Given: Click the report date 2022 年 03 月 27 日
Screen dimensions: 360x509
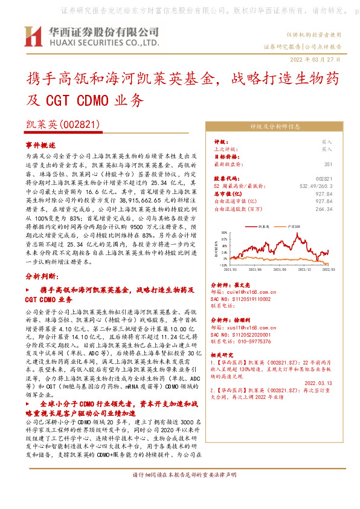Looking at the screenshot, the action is click(315, 59).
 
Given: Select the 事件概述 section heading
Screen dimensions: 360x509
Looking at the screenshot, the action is click(40, 146).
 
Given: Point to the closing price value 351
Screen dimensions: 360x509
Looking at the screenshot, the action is click(328, 164).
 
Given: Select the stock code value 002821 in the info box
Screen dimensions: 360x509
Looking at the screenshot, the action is click(324, 179).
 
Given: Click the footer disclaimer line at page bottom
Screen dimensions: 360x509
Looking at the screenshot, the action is click(179, 493).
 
